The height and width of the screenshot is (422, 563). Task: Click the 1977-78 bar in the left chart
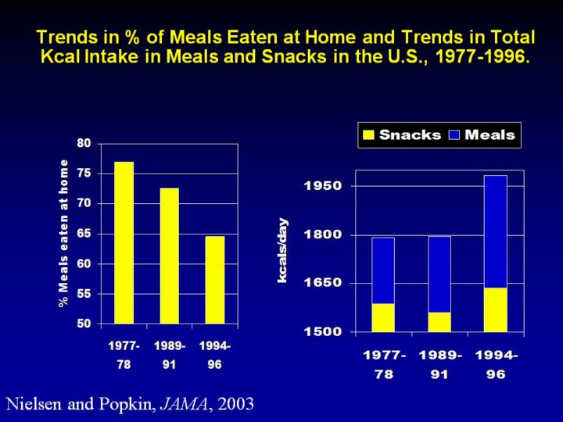(x=124, y=242)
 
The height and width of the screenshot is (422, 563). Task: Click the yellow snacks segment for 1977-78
(x=383, y=317)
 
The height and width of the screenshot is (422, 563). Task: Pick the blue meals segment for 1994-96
(x=495, y=231)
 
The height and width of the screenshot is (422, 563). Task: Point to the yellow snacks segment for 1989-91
(x=439, y=322)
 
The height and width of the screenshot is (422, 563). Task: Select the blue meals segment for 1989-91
(x=439, y=274)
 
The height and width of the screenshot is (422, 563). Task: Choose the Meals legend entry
(x=482, y=135)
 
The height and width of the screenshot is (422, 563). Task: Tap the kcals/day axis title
(x=283, y=250)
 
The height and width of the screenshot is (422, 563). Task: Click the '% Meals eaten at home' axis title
(x=64, y=233)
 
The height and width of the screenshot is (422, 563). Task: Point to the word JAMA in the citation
(x=175, y=404)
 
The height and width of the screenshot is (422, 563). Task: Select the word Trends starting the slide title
(x=66, y=38)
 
